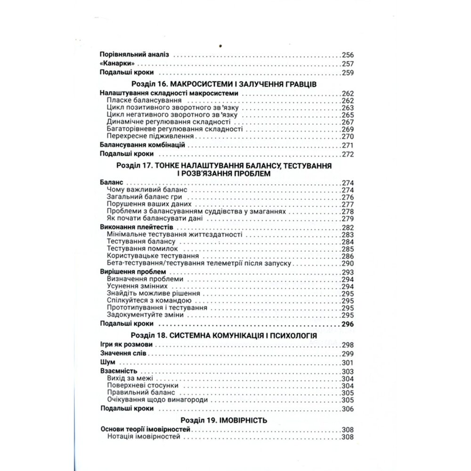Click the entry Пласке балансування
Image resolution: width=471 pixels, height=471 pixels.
137,101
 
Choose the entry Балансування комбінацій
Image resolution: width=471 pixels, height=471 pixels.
142,145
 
